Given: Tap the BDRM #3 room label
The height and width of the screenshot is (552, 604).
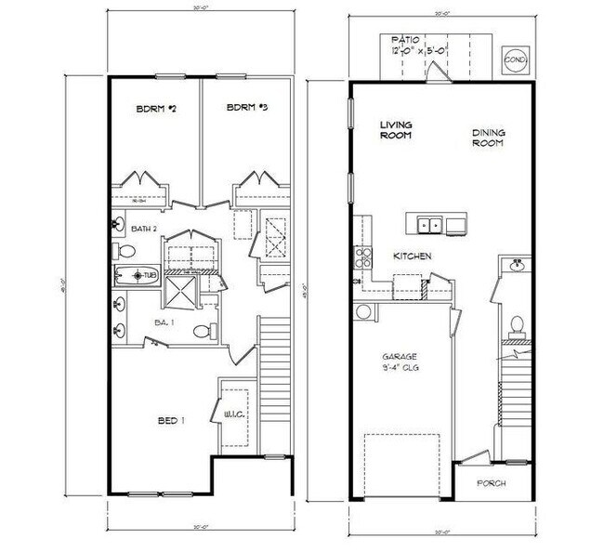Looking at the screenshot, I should pos(247,109).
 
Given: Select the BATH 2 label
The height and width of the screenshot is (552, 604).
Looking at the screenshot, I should pos(143,228).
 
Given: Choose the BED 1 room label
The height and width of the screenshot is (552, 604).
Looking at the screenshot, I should pos(170,421).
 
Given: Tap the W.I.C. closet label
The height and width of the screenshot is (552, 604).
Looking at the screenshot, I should pos(233,414).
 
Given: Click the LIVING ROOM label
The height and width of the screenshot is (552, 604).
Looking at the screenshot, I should pos(397,129).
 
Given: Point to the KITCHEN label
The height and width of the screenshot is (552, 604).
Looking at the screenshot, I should pos(411,256).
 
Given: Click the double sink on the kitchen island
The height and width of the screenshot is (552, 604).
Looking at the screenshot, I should pos(429,224).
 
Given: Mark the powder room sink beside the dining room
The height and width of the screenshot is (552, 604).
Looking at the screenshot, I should pos(517,267).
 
